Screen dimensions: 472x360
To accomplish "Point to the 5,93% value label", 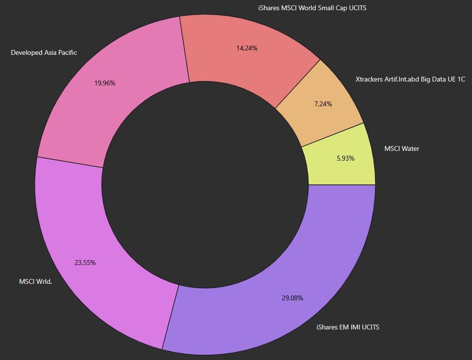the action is pyautogui.click(x=345, y=158).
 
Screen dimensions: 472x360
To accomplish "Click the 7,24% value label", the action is pyautogui.click(x=323, y=104).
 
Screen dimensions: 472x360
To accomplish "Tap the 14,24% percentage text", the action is pyautogui.click(x=247, y=48).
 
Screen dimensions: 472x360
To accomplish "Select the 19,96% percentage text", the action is pyautogui.click(x=105, y=83).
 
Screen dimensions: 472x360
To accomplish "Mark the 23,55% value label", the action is pyautogui.click(x=85, y=263).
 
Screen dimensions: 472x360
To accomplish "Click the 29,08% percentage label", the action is pyautogui.click(x=293, y=298).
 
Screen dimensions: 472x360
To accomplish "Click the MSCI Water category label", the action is pyautogui.click(x=402, y=148).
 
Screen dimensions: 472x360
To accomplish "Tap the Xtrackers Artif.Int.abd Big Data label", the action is pyautogui.click(x=410, y=79).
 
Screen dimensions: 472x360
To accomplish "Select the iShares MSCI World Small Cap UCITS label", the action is pyautogui.click(x=312, y=8).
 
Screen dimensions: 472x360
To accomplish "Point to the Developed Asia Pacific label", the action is pyautogui.click(x=44, y=53).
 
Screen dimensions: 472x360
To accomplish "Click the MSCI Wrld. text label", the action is pyautogui.click(x=35, y=282).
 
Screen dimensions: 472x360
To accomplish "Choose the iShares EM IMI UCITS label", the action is pyautogui.click(x=348, y=327).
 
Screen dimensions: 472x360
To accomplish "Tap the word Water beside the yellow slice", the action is pyautogui.click(x=410, y=148).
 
